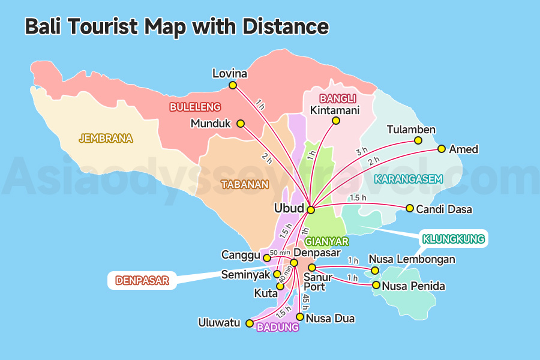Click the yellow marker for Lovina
[x=233, y=85]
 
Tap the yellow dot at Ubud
[x=310, y=210]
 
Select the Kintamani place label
[x=335, y=110]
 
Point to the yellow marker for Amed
[x=442, y=149]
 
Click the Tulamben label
[x=411, y=130]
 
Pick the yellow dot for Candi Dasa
[x=410, y=208]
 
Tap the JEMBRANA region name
[x=106, y=139]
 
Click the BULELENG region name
[x=195, y=107]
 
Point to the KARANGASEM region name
[x=408, y=179]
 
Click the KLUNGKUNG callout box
[x=453, y=239]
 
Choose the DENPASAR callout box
[x=142, y=280]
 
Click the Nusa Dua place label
[x=330, y=319]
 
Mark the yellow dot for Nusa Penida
[x=376, y=285]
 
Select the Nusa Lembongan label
[x=412, y=260]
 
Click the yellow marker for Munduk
[x=241, y=124]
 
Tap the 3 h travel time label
[x=361, y=152]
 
